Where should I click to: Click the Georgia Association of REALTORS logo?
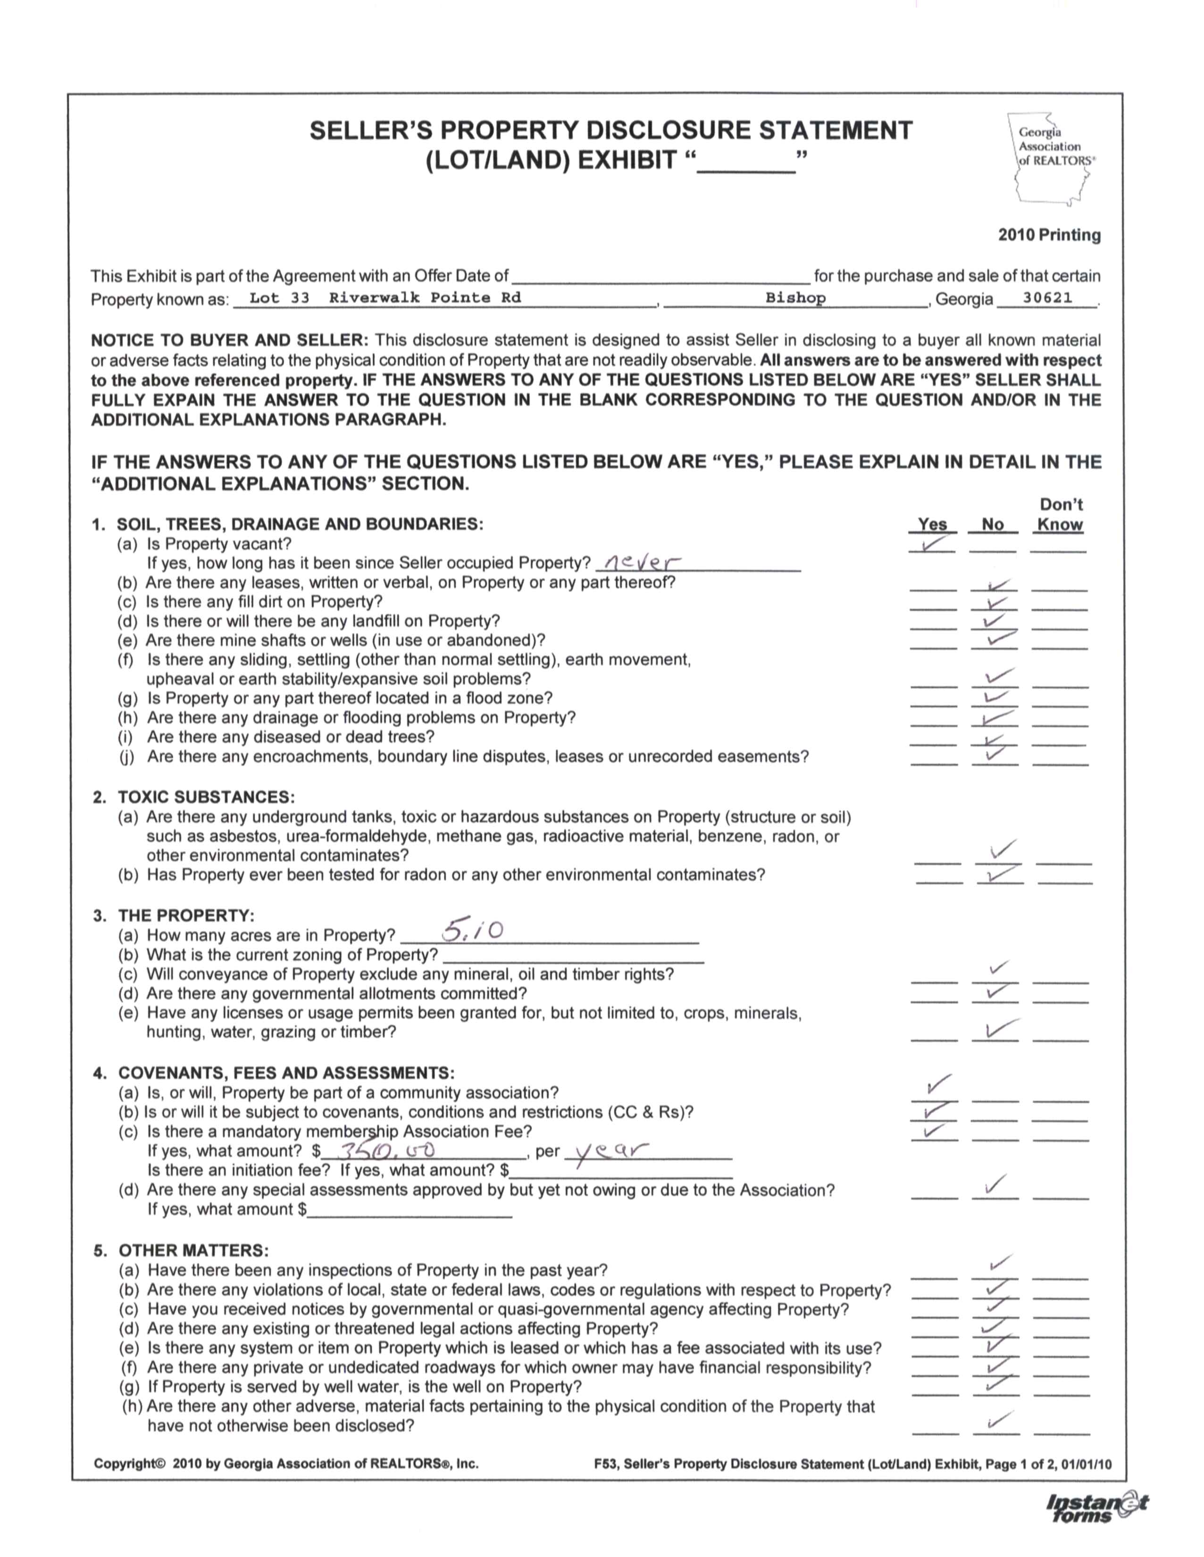pyautogui.click(x=1052, y=158)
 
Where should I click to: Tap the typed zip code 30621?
pyautogui.click(x=1047, y=298)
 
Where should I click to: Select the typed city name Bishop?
pyautogui.click(x=795, y=298)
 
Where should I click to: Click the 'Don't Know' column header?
pyautogui.click(x=1060, y=515)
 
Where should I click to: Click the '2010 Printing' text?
pyautogui.click(x=1049, y=235)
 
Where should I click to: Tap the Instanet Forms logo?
pyautogui.click(x=1095, y=1508)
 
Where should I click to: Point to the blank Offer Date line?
pyautogui.click(x=661, y=278)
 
